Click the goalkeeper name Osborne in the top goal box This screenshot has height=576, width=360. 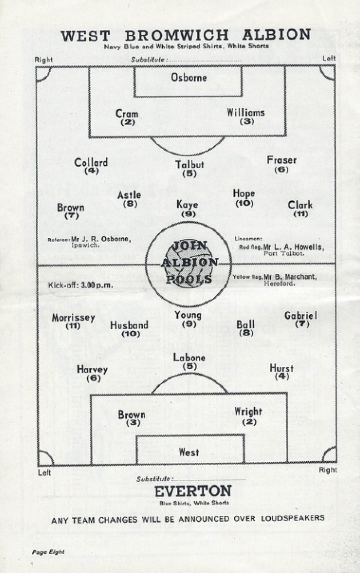tap(189, 77)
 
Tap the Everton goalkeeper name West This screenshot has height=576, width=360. tap(189, 452)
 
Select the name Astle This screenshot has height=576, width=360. tap(129, 195)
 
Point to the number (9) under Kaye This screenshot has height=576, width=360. tap(189, 214)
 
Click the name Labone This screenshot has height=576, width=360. tap(189, 358)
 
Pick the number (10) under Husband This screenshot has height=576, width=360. tap(131, 334)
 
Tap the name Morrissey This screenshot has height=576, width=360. tap(73, 318)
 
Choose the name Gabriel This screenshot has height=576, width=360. tap(300, 315)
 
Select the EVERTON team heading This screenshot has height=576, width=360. tap(193, 491)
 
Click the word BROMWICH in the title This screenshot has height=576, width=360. tap(177, 36)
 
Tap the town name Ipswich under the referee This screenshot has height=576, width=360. tap(85, 245)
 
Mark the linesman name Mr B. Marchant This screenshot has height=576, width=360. tap(290, 276)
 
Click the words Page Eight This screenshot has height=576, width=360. tap(48, 552)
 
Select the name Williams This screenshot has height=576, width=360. tap(246, 113)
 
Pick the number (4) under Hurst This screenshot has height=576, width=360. tap(282, 377)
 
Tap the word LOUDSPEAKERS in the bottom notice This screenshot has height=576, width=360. tap(293, 518)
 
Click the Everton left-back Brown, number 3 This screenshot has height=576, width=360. tap(132, 415)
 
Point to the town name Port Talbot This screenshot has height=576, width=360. tap(284, 253)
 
